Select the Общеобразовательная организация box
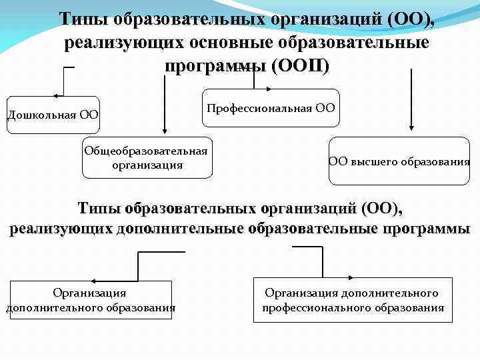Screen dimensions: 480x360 147,158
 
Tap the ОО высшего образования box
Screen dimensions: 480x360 399,161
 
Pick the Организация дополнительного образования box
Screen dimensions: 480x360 90,299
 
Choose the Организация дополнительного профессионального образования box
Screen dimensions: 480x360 353,300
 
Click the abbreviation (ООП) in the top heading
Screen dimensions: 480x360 299,67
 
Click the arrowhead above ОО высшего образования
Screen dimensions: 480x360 411,126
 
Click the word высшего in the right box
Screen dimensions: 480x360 375,161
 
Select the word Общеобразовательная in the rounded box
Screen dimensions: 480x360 146,151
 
